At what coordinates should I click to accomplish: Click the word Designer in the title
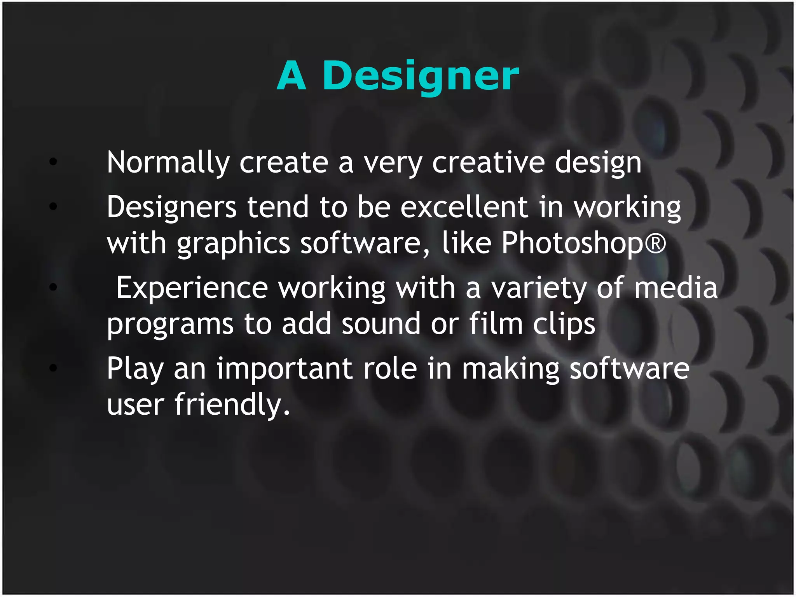[421, 76]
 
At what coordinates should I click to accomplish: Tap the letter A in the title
[292, 76]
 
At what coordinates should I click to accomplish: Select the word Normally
[168, 162]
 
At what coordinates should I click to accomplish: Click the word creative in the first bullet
[488, 162]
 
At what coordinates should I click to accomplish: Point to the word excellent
[464, 207]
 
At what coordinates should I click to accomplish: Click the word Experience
[192, 288]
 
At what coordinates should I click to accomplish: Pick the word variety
[539, 288]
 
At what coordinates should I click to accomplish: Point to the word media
[676, 288]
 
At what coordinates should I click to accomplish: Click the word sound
[381, 324]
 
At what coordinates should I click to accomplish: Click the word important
[285, 368]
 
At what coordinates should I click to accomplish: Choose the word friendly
[232, 404]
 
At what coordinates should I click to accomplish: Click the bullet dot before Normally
[53, 162]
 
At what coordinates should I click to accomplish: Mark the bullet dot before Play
[53, 367]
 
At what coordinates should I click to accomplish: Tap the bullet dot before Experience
[53, 287]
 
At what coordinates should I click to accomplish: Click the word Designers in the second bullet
[171, 207]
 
